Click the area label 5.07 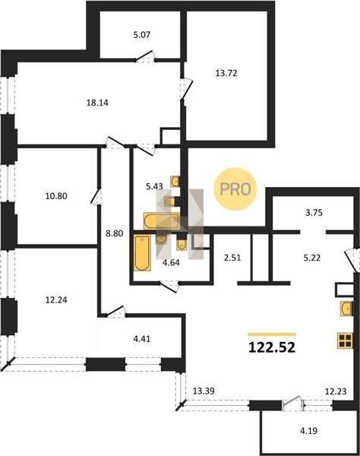click(x=142, y=35)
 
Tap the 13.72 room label click(x=226, y=73)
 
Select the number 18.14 click(x=97, y=103)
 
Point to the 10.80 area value click(x=56, y=196)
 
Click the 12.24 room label click(x=56, y=300)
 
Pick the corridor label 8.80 click(x=114, y=233)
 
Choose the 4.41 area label click(x=142, y=339)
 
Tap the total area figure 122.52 click(x=272, y=347)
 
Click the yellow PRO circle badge click(x=235, y=189)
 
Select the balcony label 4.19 click(x=308, y=431)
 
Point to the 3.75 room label click(x=314, y=213)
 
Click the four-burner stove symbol click(x=345, y=340)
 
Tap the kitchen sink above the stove click(x=346, y=309)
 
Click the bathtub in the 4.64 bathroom click(x=142, y=253)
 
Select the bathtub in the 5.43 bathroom click(x=161, y=221)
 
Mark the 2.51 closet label click(x=232, y=258)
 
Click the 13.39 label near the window click(x=204, y=391)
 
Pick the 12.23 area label click(x=336, y=391)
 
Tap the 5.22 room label click(x=312, y=258)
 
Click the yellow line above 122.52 click(x=272, y=334)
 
